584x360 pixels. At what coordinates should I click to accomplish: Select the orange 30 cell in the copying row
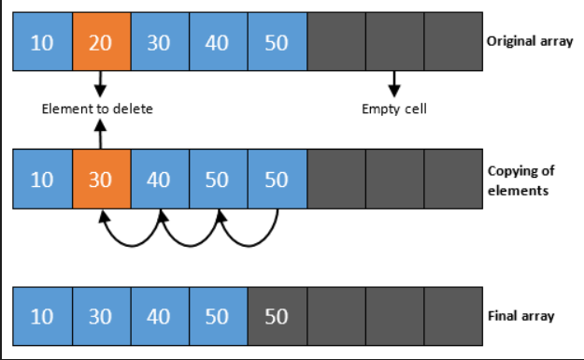[x=100, y=180]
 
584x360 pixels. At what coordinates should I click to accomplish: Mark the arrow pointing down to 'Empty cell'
[x=393, y=85]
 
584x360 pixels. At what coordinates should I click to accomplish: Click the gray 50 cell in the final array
[x=276, y=316]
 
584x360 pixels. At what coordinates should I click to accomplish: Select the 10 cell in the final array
[x=42, y=316]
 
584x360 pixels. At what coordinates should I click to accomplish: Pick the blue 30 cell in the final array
[x=100, y=316]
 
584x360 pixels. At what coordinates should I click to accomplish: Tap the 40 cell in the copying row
[x=159, y=180]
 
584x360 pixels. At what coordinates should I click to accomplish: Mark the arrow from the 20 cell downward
[x=100, y=84]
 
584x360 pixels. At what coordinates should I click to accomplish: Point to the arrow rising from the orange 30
[x=100, y=136]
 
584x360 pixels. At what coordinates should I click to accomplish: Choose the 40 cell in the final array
[x=159, y=316]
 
